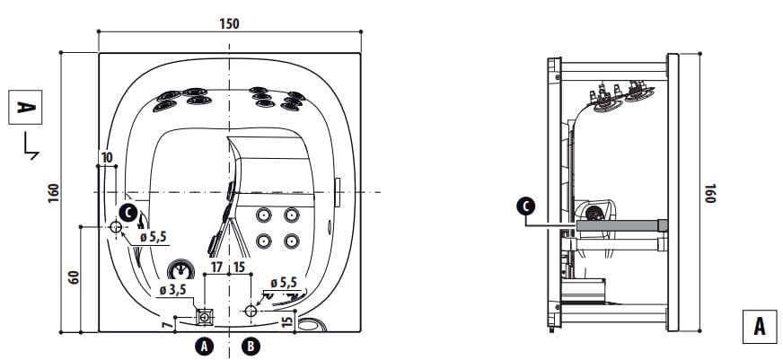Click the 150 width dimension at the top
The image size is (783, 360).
229,23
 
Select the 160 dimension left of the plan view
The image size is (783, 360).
54,193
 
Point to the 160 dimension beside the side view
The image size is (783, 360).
710,193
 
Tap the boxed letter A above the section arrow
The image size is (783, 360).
25,108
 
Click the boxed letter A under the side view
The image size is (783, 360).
760,327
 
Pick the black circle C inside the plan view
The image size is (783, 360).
128,213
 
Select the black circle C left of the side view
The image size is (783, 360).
526,206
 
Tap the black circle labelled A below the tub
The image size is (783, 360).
203,346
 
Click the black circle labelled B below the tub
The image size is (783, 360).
251,346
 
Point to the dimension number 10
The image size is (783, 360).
107,158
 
